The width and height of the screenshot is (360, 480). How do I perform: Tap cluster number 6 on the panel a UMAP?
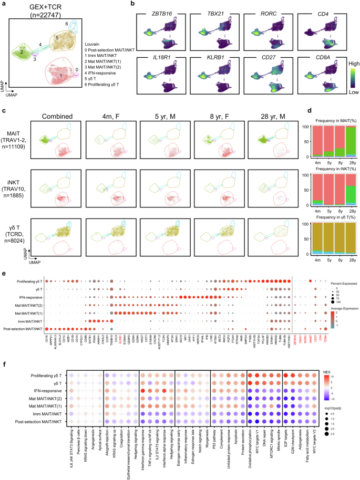click(x=66, y=24)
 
